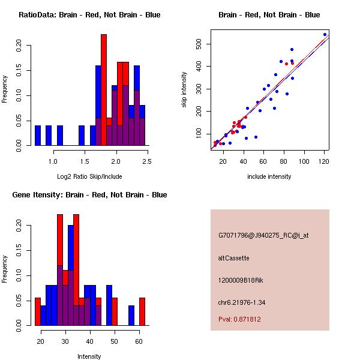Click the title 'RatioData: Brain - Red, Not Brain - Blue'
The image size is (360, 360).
(x=89, y=15)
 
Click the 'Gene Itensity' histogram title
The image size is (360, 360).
(x=89, y=195)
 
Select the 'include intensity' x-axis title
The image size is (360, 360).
(x=269, y=176)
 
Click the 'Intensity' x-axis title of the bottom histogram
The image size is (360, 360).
(x=89, y=356)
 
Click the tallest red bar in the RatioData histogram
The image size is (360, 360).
(x=104, y=90)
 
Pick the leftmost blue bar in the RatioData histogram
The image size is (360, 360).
(x=38, y=135)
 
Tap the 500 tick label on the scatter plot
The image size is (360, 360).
(x=198, y=44)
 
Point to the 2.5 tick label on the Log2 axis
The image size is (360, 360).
(x=148, y=161)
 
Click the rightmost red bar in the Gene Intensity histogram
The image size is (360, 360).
(x=142, y=311)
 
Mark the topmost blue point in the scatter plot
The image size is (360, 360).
(x=325, y=34)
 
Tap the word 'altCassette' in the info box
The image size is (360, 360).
(x=233, y=258)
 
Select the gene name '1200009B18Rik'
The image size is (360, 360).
(x=240, y=280)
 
